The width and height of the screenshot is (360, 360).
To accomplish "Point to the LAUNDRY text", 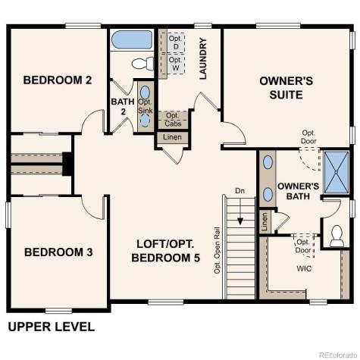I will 202,59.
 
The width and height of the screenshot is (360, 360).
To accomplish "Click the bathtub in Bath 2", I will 132,39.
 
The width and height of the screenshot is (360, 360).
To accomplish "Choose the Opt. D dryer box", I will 175,41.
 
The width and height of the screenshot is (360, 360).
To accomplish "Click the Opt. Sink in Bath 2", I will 146,106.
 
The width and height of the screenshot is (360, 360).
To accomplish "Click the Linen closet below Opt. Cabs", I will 172,138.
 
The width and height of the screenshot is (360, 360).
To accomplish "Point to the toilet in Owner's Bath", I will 337,236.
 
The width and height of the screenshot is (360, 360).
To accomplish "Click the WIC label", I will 302,269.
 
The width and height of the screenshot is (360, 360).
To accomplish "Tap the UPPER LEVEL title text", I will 52,327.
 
